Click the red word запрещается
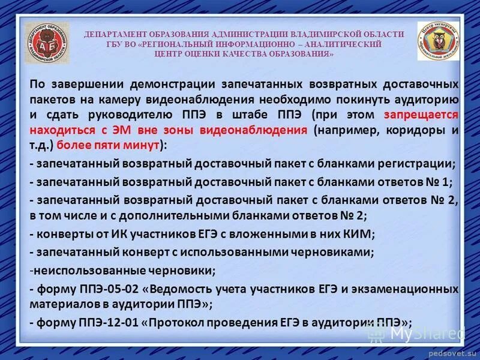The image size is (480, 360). (426, 114)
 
